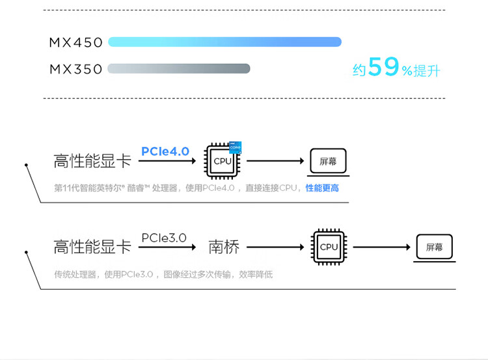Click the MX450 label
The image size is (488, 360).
pyautogui.click(x=75, y=43)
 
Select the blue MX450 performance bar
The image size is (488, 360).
pyautogui.click(x=224, y=42)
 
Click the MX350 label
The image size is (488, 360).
pyautogui.click(x=75, y=69)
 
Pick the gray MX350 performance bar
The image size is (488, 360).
pyautogui.click(x=179, y=68)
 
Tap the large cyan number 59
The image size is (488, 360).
pyautogui.click(x=383, y=66)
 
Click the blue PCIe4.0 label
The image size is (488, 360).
pyautogui.click(x=165, y=151)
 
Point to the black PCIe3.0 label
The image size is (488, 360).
pyautogui.click(x=164, y=238)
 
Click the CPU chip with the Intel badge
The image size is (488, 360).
pyautogui.click(x=223, y=161)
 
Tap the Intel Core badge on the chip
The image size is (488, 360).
pyautogui.click(x=236, y=147)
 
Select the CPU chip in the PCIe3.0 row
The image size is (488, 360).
pyautogui.click(x=329, y=247)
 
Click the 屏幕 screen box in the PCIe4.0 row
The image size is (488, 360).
pyautogui.click(x=329, y=161)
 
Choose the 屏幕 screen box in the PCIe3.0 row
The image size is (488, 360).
pyautogui.click(x=435, y=247)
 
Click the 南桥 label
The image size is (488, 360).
pyautogui.click(x=224, y=247)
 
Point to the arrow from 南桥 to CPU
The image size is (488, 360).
pyautogui.click(x=275, y=247)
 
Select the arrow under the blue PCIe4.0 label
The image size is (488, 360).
pyautogui.click(x=167, y=161)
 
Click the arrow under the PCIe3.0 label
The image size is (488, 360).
pyautogui.click(x=167, y=247)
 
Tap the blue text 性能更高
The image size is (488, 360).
pyautogui.click(x=322, y=188)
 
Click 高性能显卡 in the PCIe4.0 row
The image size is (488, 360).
pyautogui.click(x=92, y=161)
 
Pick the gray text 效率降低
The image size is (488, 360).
pyautogui.click(x=256, y=274)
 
